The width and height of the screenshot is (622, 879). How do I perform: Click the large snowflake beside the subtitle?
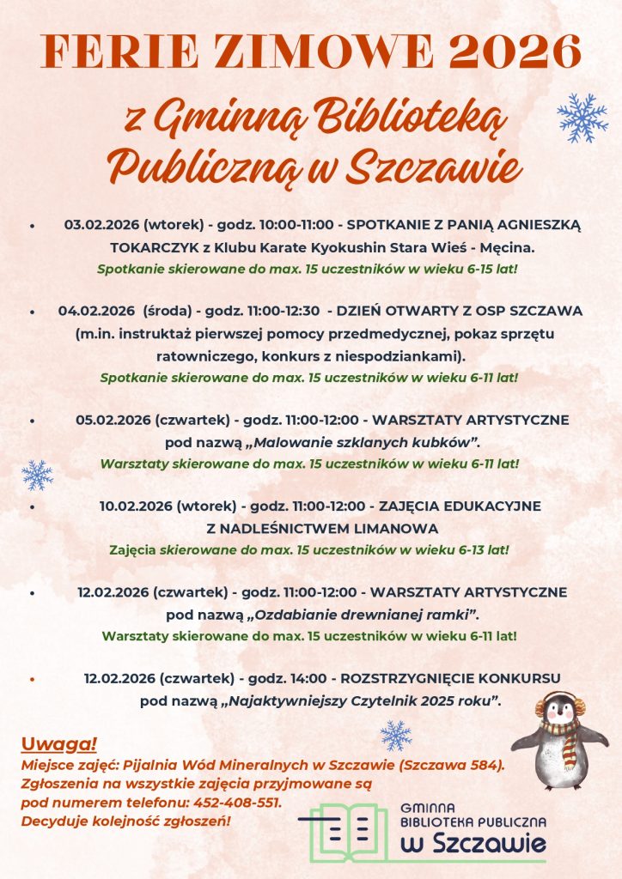tap(582, 118)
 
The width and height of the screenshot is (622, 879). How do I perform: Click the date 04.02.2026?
tap(97, 310)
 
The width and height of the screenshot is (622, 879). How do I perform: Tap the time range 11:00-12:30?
tap(284, 310)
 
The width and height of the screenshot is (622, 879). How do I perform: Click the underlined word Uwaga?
tap(59, 743)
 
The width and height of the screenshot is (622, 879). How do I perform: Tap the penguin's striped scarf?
tap(561, 730)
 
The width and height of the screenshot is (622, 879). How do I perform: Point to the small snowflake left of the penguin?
tap(396, 736)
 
